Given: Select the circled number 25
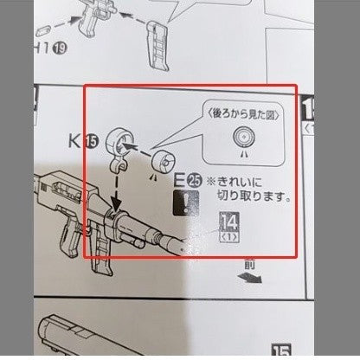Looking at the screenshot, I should [195, 182].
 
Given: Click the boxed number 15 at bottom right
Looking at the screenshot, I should [281, 350].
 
